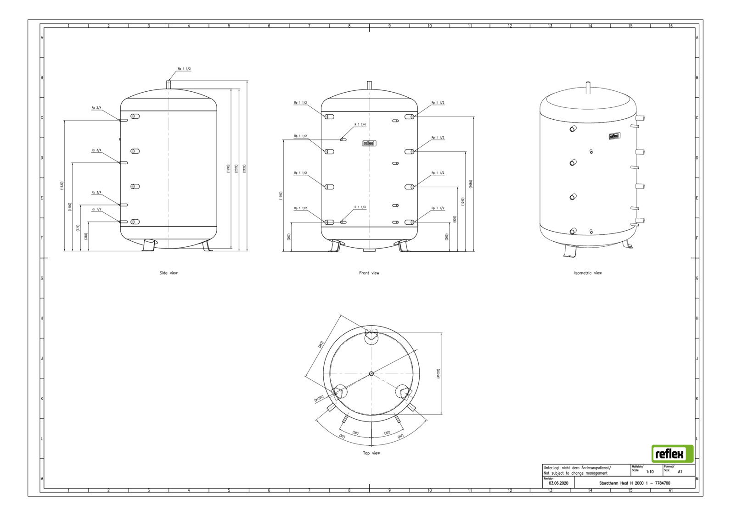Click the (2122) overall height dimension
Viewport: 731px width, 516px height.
pos(244,168)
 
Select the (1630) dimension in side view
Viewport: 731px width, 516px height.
pos(62,185)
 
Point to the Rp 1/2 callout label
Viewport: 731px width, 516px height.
pos(96,209)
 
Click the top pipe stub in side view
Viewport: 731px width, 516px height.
pos(169,84)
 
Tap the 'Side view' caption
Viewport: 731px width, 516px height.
pos(169,273)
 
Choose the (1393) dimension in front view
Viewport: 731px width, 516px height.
pos(281,195)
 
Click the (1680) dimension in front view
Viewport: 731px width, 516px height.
pos(470,184)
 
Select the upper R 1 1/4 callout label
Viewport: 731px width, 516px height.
pos(360,125)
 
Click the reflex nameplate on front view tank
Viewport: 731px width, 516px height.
pos(369,143)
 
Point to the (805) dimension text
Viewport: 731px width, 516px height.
pos(454,219)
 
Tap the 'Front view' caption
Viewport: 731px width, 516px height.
pos(369,273)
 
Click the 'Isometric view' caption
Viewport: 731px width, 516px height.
pos(588,273)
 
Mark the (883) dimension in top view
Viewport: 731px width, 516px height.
pos(321,344)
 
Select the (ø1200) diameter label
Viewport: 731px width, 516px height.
pos(319,399)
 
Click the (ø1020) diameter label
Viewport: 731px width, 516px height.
pos(438,373)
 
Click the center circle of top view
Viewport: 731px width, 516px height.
pos(371,373)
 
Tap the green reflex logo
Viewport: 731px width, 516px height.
pos(672,454)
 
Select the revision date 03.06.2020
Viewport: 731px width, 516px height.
pos(558,483)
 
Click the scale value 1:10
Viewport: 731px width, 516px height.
pos(650,472)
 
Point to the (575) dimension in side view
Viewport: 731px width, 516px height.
pos(78,227)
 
